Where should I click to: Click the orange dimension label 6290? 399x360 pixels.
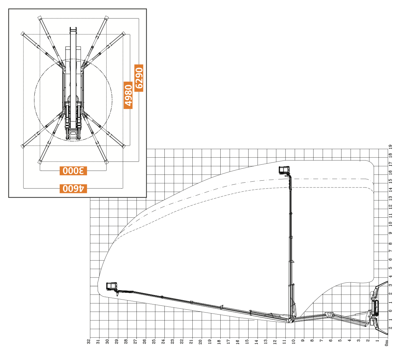pos(139,78)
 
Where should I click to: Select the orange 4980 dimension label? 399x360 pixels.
pos(128,95)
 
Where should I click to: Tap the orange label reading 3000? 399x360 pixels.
pos(73,171)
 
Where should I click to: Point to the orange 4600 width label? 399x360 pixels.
pos(73,188)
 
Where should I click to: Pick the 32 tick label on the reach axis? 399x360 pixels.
pos(89,341)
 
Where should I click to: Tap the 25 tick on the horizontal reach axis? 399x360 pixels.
pos(154,341)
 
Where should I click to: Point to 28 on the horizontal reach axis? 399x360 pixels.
pos(126,341)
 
